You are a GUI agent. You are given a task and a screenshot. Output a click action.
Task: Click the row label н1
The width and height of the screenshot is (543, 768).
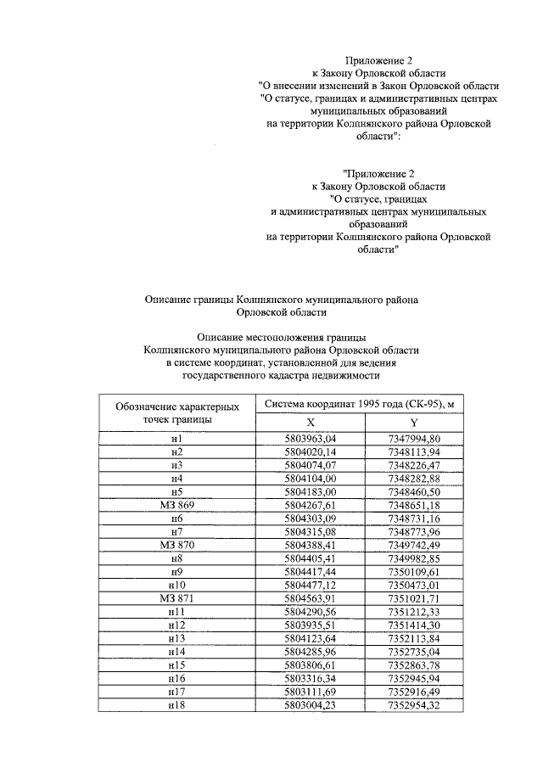pyautogui.click(x=177, y=438)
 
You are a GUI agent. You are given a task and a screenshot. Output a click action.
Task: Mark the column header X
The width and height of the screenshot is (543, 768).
pyautogui.click(x=311, y=423)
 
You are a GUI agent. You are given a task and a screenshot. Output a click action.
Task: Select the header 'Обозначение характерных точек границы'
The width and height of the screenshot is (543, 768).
pyautogui.click(x=177, y=412)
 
